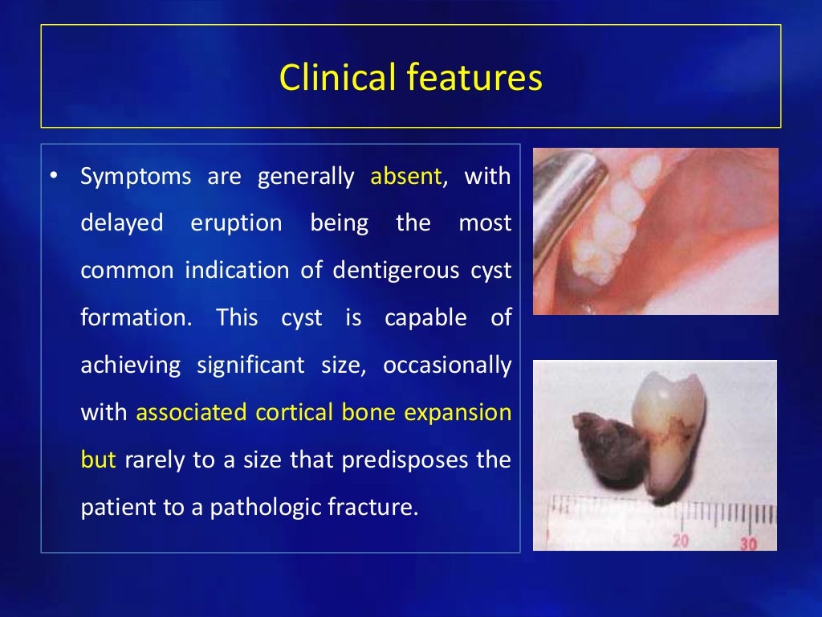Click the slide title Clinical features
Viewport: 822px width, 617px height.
[x=410, y=78]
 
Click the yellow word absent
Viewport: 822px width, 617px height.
[x=406, y=176]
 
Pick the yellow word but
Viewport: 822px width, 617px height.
[x=98, y=460]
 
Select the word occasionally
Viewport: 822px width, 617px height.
[x=446, y=366]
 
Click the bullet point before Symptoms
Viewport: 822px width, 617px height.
[x=54, y=176]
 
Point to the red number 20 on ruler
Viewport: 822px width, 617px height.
[x=681, y=541]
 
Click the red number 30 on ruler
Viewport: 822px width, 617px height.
[x=748, y=543]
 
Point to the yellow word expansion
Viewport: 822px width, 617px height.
[x=458, y=413]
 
